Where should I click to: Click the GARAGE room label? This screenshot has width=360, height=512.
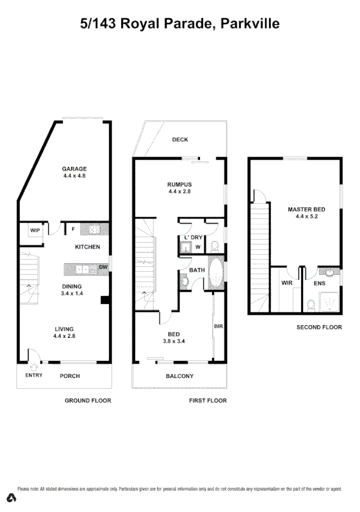point(75,169)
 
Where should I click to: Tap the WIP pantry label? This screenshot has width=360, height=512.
point(35,230)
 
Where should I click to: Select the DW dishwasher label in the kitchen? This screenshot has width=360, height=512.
point(103,267)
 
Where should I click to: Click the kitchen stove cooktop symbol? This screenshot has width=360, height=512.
point(96,229)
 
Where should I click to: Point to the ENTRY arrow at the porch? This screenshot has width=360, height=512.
point(33,366)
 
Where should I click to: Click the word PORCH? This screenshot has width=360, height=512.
point(70,376)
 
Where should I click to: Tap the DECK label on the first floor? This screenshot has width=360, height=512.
point(180,140)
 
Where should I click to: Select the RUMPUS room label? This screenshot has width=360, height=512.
point(180,184)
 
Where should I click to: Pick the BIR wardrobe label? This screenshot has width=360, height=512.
point(219,326)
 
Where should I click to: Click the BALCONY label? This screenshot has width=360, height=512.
point(180,376)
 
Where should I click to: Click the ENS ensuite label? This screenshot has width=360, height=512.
point(319,283)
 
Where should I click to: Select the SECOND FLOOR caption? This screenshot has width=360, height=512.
point(319,328)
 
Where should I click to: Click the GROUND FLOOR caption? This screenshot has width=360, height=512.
point(88,401)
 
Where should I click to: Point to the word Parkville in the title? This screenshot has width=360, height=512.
point(250,24)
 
